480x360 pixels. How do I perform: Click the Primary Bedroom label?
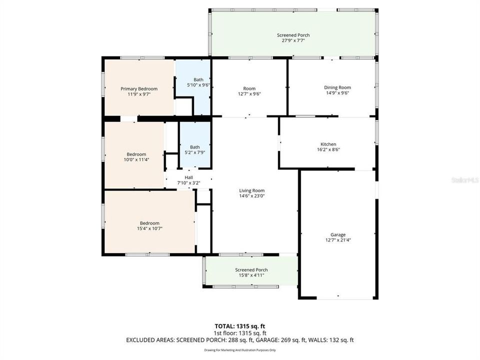coord(139,88)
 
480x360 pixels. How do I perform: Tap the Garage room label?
coord(338,234)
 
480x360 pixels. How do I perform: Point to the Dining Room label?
coord(337,87)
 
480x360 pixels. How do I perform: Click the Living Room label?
coord(251,190)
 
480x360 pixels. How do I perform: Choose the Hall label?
coord(188,177)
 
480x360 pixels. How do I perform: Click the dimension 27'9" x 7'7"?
coord(293,41)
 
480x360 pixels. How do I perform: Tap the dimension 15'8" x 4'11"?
coord(251,275)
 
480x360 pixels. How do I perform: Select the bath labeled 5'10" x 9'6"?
coord(198,82)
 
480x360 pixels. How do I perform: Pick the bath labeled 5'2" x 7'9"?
coord(194,149)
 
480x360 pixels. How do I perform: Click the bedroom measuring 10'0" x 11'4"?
coord(136,157)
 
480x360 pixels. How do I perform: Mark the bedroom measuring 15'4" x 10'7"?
coord(149,225)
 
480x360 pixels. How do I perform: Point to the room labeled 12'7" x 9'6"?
coord(249,91)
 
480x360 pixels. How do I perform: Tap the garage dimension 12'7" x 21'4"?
coord(338,240)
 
